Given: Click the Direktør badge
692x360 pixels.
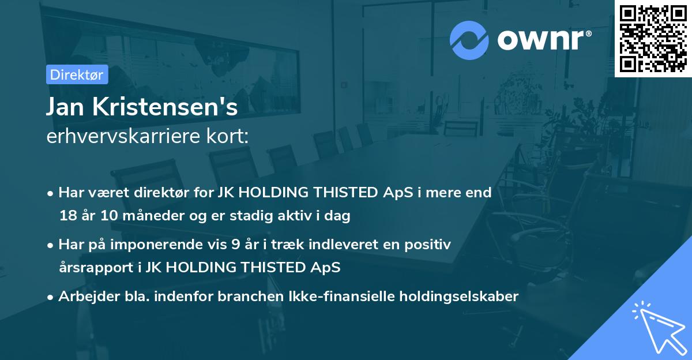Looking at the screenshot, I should coord(77,74).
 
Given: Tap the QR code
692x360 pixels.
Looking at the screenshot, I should coord(653,38).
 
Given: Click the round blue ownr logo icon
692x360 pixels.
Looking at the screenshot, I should coord(469,39).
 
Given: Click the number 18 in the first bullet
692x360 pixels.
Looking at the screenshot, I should coord(67,216).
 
